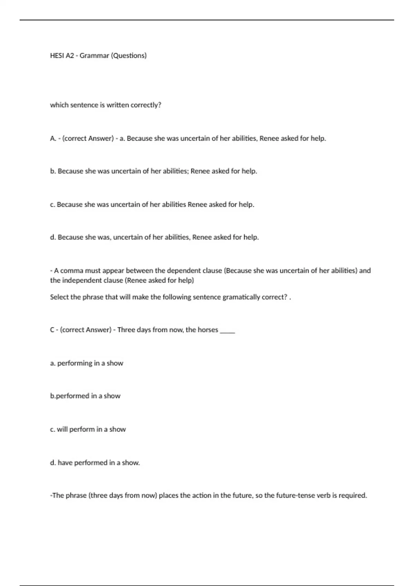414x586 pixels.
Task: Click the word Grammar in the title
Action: (x=94, y=55)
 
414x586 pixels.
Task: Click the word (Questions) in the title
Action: (x=129, y=55)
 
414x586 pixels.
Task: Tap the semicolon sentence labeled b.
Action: (x=154, y=171)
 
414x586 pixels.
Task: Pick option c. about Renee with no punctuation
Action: (x=152, y=204)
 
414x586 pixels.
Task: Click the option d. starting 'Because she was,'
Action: (x=154, y=237)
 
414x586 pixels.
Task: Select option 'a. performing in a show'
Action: (x=87, y=363)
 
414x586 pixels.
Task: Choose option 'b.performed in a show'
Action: (x=85, y=396)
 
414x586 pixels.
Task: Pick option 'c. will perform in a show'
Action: (x=88, y=429)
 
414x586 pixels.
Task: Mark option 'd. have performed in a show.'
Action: (x=95, y=463)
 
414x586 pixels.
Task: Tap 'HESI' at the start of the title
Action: (x=57, y=55)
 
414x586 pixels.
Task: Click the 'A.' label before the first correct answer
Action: (x=53, y=139)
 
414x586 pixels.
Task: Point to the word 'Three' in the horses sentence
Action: (x=126, y=330)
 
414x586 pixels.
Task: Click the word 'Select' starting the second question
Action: (x=59, y=297)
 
